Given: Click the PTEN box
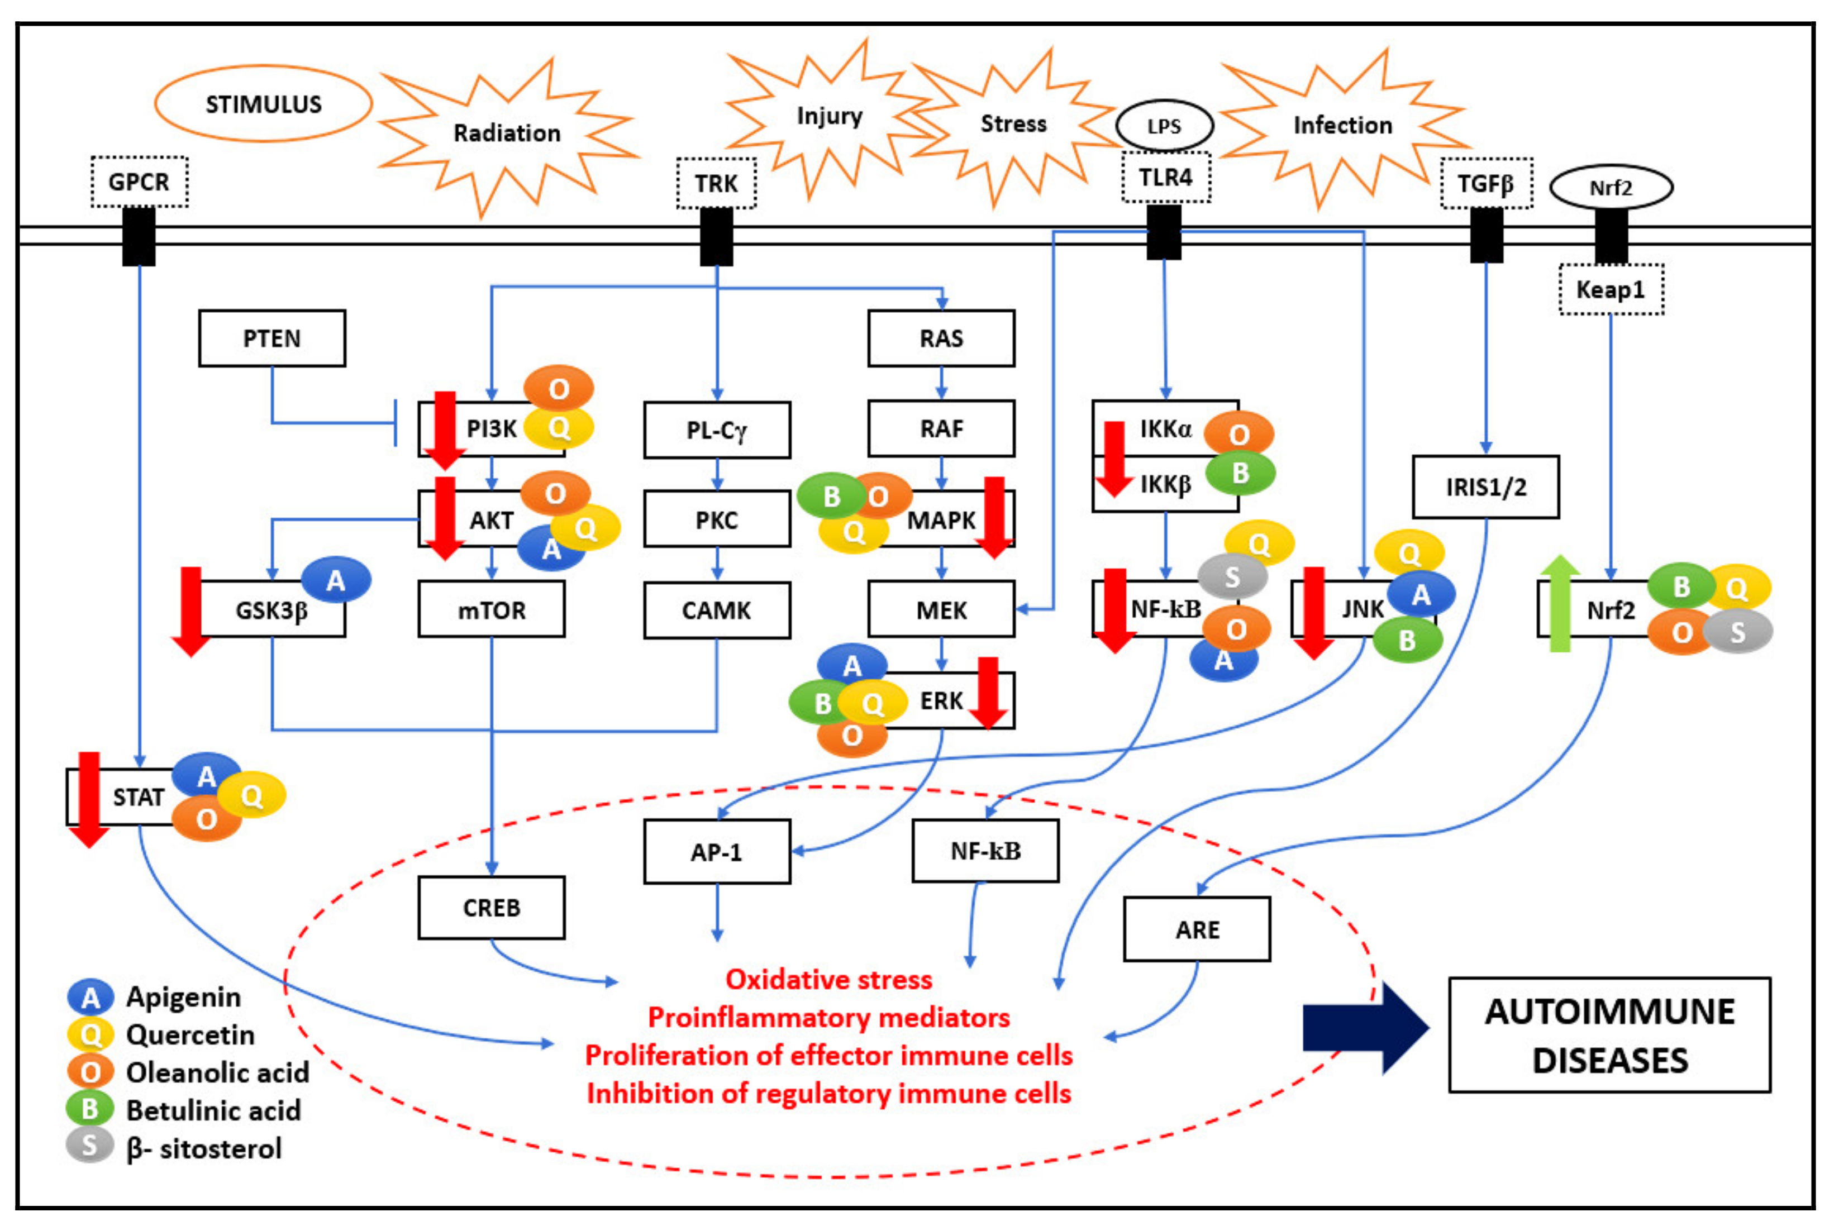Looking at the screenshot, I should [x=271, y=338].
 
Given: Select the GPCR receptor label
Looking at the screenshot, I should [x=139, y=182].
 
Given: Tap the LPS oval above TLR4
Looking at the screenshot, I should [x=1164, y=125].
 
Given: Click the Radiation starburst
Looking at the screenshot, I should [x=507, y=133].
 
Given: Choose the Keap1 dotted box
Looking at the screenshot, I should [x=1611, y=289].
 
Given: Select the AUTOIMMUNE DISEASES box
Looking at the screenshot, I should [x=1609, y=1034].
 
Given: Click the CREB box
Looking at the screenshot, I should [x=491, y=907].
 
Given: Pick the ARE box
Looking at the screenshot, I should [x=1197, y=929].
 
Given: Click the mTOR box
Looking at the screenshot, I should [x=491, y=610].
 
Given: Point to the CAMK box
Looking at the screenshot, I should [x=716, y=610].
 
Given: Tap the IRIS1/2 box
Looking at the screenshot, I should [x=1485, y=487].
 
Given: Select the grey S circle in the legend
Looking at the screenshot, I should [x=90, y=1146].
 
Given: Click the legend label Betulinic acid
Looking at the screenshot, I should [x=213, y=1109].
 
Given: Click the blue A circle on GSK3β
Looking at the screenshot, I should [x=336, y=580].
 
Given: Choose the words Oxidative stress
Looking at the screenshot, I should [x=828, y=979].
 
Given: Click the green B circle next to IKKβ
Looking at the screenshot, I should [x=1240, y=473].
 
